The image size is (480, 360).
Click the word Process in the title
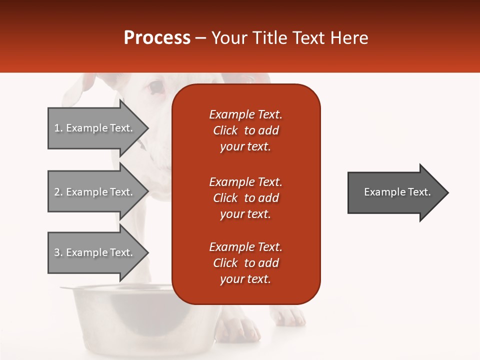tap(157, 38)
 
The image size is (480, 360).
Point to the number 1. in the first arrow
tap(58, 128)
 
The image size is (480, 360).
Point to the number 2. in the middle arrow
tap(58, 192)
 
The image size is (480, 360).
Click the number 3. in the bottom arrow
tap(58, 252)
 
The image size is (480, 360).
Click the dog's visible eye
tap(156, 88)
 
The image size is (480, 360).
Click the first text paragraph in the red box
tap(245, 130)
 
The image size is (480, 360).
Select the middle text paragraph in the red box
tap(245, 198)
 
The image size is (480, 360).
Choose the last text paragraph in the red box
tap(245, 263)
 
